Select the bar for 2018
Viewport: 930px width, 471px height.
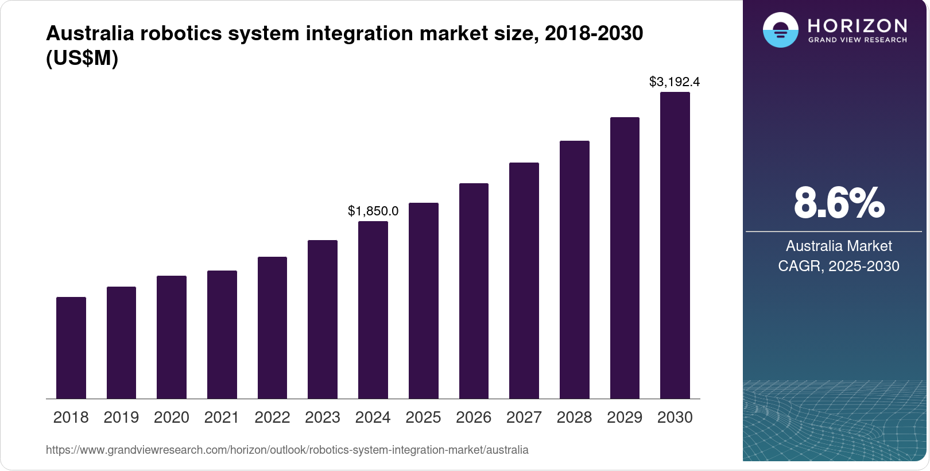pyautogui.click(x=71, y=348)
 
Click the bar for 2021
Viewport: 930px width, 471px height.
pyautogui.click(x=222, y=334)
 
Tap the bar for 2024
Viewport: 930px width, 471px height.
pyautogui.click(x=373, y=310)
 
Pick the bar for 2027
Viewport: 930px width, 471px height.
pyautogui.click(x=524, y=280)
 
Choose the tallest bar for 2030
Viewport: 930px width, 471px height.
pyautogui.click(x=675, y=245)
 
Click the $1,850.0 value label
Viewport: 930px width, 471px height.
pyautogui.click(x=373, y=211)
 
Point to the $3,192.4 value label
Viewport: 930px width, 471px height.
pyautogui.click(x=675, y=82)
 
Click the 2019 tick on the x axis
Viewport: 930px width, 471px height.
pyautogui.click(x=121, y=417)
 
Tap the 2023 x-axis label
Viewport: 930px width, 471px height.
pyautogui.click(x=323, y=417)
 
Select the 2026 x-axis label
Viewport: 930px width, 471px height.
pyautogui.click(x=474, y=417)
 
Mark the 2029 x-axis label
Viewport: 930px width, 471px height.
pyautogui.click(x=625, y=417)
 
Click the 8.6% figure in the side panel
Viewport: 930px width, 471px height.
pyautogui.click(x=839, y=203)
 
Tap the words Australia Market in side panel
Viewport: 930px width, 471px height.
pyautogui.click(x=839, y=246)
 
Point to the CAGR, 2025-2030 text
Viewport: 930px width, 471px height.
pyautogui.click(x=839, y=266)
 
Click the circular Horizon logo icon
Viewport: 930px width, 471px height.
pyautogui.click(x=780, y=30)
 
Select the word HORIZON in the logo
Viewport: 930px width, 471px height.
pyautogui.click(x=858, y=25)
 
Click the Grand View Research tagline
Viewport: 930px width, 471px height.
pyautogui.click(x=858, y=40)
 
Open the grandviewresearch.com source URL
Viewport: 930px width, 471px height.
pyautogui.click(x=287, y=450)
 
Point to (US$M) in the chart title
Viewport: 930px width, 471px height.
pyautogui.click(x=82, y=58)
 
